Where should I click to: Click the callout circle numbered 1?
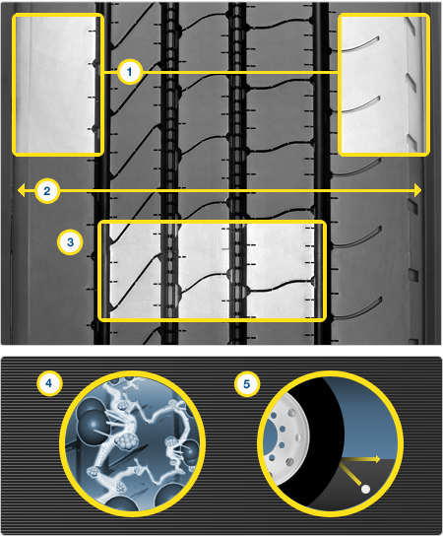(129, 72)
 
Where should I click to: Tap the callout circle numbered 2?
(47, 191)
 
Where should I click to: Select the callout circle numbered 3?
(70, 242)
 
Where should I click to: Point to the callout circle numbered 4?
(49, 383)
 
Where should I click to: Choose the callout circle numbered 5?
(247, 384)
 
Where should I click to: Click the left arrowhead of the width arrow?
(22, 190)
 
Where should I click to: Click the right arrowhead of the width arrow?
(417, 190)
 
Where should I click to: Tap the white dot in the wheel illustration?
(365, 489)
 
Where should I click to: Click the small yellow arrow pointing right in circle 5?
(360, 459)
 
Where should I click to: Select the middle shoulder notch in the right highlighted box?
(411, 83)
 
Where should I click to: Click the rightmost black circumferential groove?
(321, 172)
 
